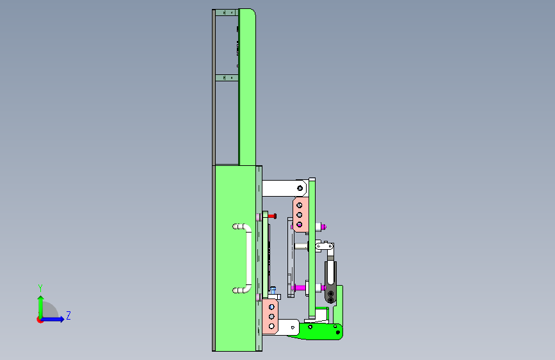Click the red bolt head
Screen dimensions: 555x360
click(273, 216)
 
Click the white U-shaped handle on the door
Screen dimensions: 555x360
click(249, 259)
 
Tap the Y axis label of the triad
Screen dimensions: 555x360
click(40, 288)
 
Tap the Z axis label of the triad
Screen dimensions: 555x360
click(68, 315)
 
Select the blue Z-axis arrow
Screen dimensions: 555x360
click(53, 319)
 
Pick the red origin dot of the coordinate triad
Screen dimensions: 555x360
click(40, 320)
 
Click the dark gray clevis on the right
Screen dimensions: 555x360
click(330, 282)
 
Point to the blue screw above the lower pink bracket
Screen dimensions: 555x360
click(273, 291)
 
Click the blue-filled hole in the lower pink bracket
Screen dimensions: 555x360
click(271, 307)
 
